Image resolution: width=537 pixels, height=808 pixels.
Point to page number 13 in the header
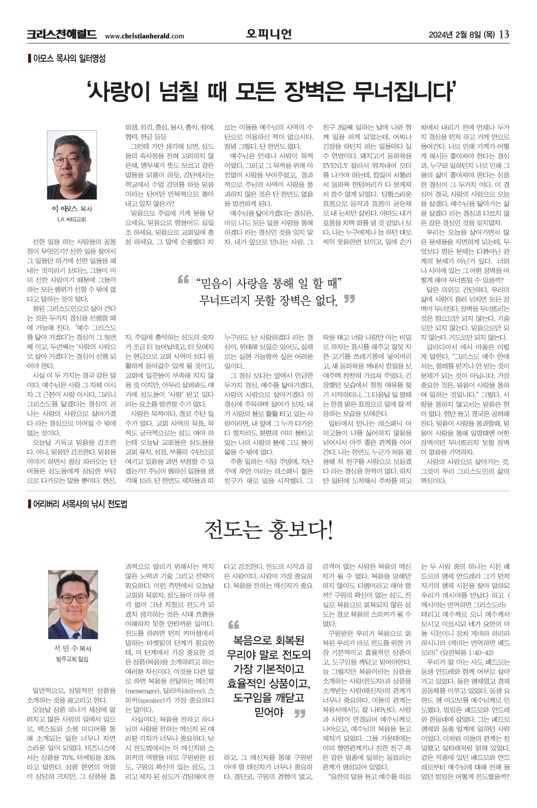click(504, 34)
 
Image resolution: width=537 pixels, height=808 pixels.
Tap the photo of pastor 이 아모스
click(72, 165)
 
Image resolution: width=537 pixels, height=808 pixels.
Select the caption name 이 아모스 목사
click(72, 209)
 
